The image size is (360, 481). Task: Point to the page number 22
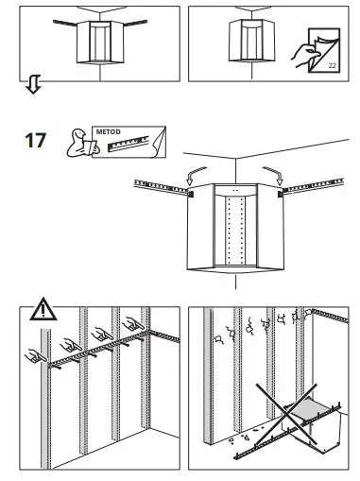(x=333, y=65)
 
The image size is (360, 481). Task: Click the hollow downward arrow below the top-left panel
(x=30, y=89)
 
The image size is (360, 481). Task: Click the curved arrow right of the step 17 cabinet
(x=273, y=171)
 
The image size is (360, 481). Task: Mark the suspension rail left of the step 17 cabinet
(x=161, y=183)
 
